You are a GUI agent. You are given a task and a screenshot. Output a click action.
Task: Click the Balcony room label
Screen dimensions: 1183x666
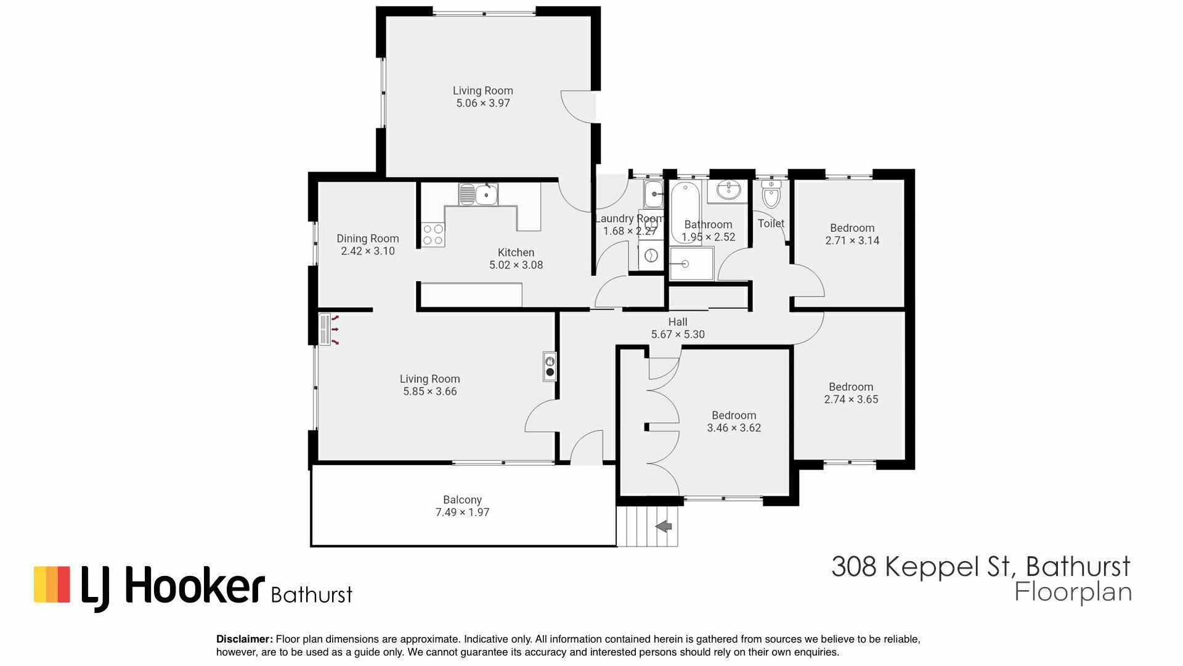(462, 499)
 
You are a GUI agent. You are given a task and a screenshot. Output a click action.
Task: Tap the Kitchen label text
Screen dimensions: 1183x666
(516, 252)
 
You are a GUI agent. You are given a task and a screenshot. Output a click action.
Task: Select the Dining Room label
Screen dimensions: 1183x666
(368, 239)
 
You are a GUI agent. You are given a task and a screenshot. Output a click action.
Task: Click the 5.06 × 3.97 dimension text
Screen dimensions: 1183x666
(483, 103)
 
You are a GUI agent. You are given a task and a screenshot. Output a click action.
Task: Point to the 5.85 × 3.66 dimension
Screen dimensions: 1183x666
(430, 392)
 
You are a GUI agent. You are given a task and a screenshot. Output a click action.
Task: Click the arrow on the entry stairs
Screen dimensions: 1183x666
(664, 527)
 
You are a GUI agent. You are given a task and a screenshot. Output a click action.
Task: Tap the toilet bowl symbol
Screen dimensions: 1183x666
(771, 195)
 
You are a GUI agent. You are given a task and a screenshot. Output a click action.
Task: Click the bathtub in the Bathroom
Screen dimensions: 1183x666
(684, 212)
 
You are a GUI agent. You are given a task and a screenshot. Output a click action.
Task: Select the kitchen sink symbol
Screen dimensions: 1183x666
(479, 195)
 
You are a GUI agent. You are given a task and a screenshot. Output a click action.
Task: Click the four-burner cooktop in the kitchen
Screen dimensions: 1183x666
(433, 234)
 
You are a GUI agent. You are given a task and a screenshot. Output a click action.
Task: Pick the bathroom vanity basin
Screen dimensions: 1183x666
(728, 191)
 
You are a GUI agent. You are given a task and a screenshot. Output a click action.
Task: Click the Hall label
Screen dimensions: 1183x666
(678, 322)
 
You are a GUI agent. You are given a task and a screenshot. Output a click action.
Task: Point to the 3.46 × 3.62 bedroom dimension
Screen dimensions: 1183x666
(734, 428)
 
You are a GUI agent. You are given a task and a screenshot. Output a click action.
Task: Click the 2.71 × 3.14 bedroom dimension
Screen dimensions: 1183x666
(852, 240)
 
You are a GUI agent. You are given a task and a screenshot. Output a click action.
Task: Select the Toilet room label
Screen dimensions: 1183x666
(771, 223)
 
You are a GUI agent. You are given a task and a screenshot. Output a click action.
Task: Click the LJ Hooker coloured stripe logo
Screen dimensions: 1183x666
(52, 584)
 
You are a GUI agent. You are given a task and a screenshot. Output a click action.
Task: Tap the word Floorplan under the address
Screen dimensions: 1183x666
(1073, 593)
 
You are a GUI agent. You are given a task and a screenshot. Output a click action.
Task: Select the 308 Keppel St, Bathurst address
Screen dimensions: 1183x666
(981, 566)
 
